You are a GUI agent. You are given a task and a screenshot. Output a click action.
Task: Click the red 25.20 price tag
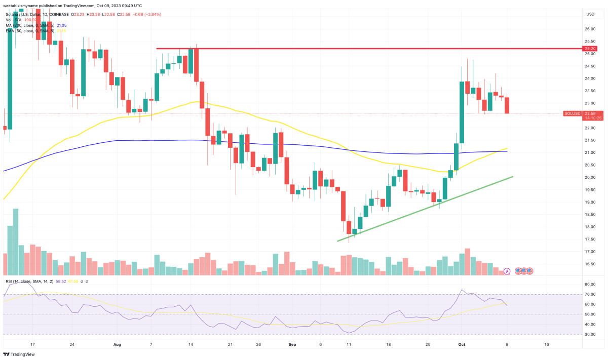[590, 49]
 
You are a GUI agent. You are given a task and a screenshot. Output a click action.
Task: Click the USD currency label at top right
[590, 14]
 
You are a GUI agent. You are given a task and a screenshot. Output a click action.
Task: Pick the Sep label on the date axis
[292, 344]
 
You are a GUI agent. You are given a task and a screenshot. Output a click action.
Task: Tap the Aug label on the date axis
[117, 344]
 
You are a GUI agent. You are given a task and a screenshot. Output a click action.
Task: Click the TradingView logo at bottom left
[19, 354]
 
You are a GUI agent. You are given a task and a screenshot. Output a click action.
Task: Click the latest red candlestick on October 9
[507, 105]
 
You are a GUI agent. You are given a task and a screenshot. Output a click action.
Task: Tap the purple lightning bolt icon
[507, 271]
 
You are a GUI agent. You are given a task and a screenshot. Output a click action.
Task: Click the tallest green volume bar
[15, 242]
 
